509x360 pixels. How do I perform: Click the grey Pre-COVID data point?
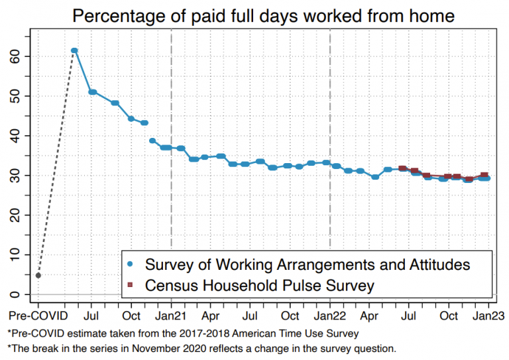38,275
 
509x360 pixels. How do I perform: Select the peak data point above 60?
74,50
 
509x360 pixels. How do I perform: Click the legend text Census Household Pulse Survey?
260,286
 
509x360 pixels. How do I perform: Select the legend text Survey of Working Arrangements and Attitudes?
308,265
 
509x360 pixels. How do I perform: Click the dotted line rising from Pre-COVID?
56,162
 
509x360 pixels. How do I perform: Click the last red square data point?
484,176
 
